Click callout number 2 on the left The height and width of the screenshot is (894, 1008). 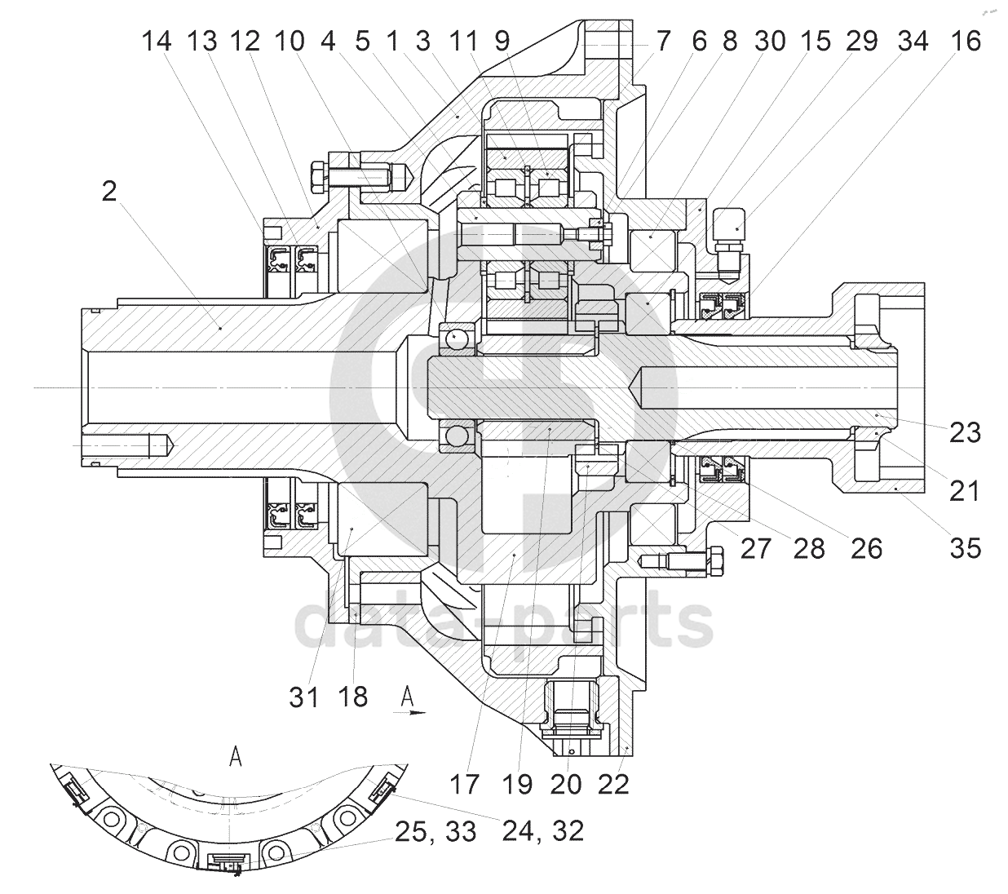pos(109,192)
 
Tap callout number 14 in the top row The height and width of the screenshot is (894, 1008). pos(157,41)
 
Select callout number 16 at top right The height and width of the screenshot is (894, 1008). pos(966,41)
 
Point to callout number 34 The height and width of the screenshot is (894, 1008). pos(913,41)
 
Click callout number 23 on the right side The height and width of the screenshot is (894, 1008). pos(966,432)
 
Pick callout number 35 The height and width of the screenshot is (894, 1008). pos(966,547)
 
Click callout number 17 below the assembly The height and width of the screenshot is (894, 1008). pos(464,785)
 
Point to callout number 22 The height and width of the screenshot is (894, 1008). pos(613,785)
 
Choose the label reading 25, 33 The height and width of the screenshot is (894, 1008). pos(435,832)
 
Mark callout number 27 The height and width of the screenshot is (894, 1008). pos(756,548)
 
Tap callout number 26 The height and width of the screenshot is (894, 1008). pos(866,548)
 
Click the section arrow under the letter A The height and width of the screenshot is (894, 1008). pos(409,713)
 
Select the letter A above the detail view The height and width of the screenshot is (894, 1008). pos(236,758)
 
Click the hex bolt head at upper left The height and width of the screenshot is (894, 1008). pos(319,176)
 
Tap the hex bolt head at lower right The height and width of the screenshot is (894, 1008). pos(715,561)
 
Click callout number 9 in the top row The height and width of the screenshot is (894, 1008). pos(502,41)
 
